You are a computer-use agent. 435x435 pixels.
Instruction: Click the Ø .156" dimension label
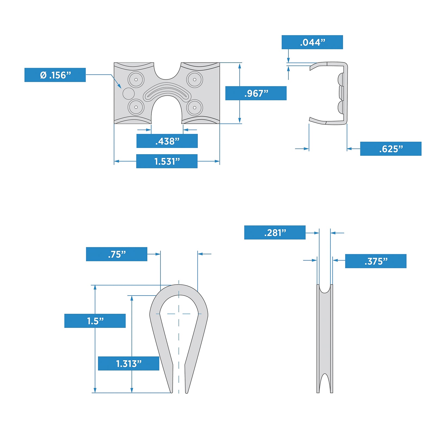(x=55, y=75)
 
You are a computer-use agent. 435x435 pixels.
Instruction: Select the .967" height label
(x=256, y=93)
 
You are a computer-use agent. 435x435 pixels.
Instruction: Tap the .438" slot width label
(x=167, y=141)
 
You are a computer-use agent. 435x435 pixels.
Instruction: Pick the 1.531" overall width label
(x=167, y=161)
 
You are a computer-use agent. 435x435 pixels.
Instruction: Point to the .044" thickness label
(x=312, y=42)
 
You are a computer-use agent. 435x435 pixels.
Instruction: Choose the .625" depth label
(x=391, y=149)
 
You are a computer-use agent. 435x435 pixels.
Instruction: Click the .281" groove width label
(x=275, y=232)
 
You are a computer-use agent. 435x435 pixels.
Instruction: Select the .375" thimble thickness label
(x=376, y=261)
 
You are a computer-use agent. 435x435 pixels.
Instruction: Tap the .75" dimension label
(x=117, y=254)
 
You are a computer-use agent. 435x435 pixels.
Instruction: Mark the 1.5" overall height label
(x=95, y=321)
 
